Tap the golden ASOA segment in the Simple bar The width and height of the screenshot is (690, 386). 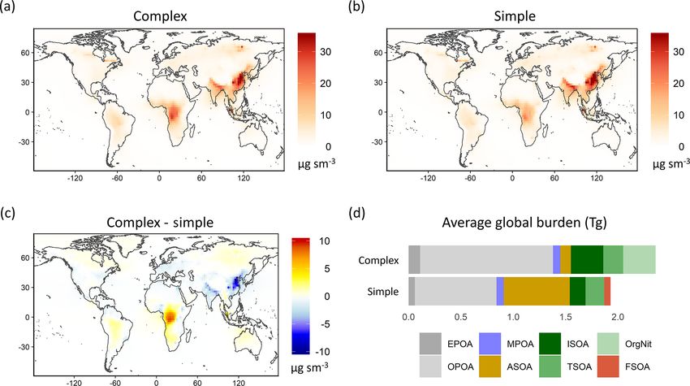pyautogui.click(x=537, y=290)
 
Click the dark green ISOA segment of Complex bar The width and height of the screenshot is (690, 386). pyautogui.click(x=587, y=259)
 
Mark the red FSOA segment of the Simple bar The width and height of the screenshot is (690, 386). pyautogui.click(x=607, y=290)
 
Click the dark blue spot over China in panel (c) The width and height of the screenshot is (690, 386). pyautogui.click(x=237, y=282)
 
